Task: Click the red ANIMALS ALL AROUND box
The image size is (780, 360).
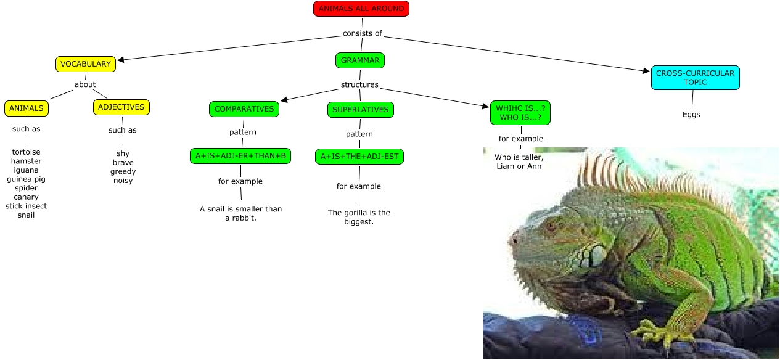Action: point(361,9)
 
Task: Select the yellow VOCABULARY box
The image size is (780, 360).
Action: point(86,63)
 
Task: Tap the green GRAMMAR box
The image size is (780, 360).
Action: point(360,60)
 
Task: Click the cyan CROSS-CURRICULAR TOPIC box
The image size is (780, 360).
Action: point(695,77)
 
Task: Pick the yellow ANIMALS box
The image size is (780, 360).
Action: point(27,108)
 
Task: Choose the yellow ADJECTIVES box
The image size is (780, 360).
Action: point(121,107)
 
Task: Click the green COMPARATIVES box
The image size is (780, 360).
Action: point(244,109)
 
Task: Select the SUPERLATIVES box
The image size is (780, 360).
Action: point(360,110)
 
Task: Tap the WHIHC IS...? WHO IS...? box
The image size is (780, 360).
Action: point(520,112)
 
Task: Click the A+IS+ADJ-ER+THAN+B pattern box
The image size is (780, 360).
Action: point(240,156)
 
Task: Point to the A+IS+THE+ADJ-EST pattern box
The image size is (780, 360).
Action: point(359,157)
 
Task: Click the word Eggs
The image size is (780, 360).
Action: point(691,115)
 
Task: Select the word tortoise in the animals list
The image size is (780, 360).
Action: point(26,152)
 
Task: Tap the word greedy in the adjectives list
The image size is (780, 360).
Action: point(123,171)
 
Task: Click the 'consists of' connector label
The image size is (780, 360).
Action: point(362,33)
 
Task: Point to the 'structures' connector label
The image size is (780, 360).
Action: point(359,85)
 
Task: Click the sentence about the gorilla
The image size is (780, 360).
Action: point(359,217)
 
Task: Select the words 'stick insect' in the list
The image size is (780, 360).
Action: point(26,206)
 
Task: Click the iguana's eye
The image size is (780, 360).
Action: point(550,226)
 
